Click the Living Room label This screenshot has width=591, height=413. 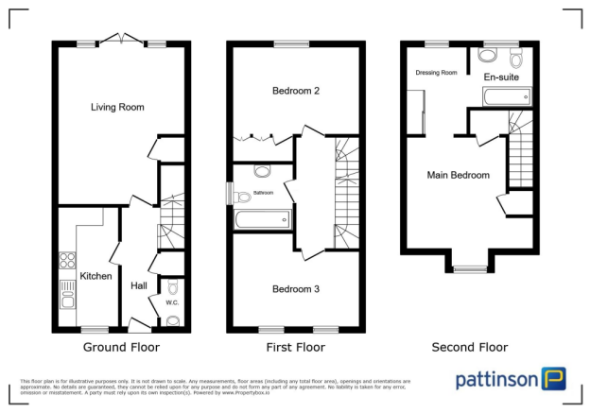[117, 107]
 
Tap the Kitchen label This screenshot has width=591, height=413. [96, 276]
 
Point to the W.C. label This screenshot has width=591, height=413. [172, 302]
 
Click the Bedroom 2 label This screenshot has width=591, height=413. [295, 92]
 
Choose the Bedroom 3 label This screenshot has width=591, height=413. [295, 288]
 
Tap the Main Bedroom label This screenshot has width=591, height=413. [458, 175]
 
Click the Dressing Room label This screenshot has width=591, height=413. [436, 73]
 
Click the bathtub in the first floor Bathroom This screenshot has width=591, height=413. [263, 220]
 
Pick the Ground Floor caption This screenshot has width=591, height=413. [116, 347]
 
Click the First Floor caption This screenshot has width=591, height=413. [295, 347]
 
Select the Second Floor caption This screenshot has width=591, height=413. [470, 347]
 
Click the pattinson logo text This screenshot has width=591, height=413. [496, 380]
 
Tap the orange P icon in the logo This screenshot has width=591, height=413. [554, 379]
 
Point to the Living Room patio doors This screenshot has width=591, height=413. [120, 41]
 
